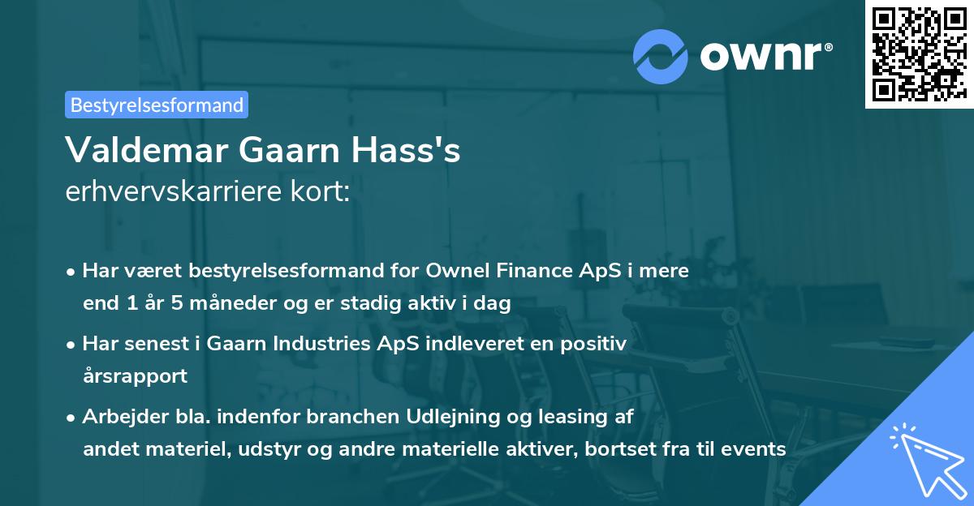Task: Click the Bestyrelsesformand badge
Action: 157,105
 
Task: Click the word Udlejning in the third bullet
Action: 451,416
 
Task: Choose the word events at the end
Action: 757,448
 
